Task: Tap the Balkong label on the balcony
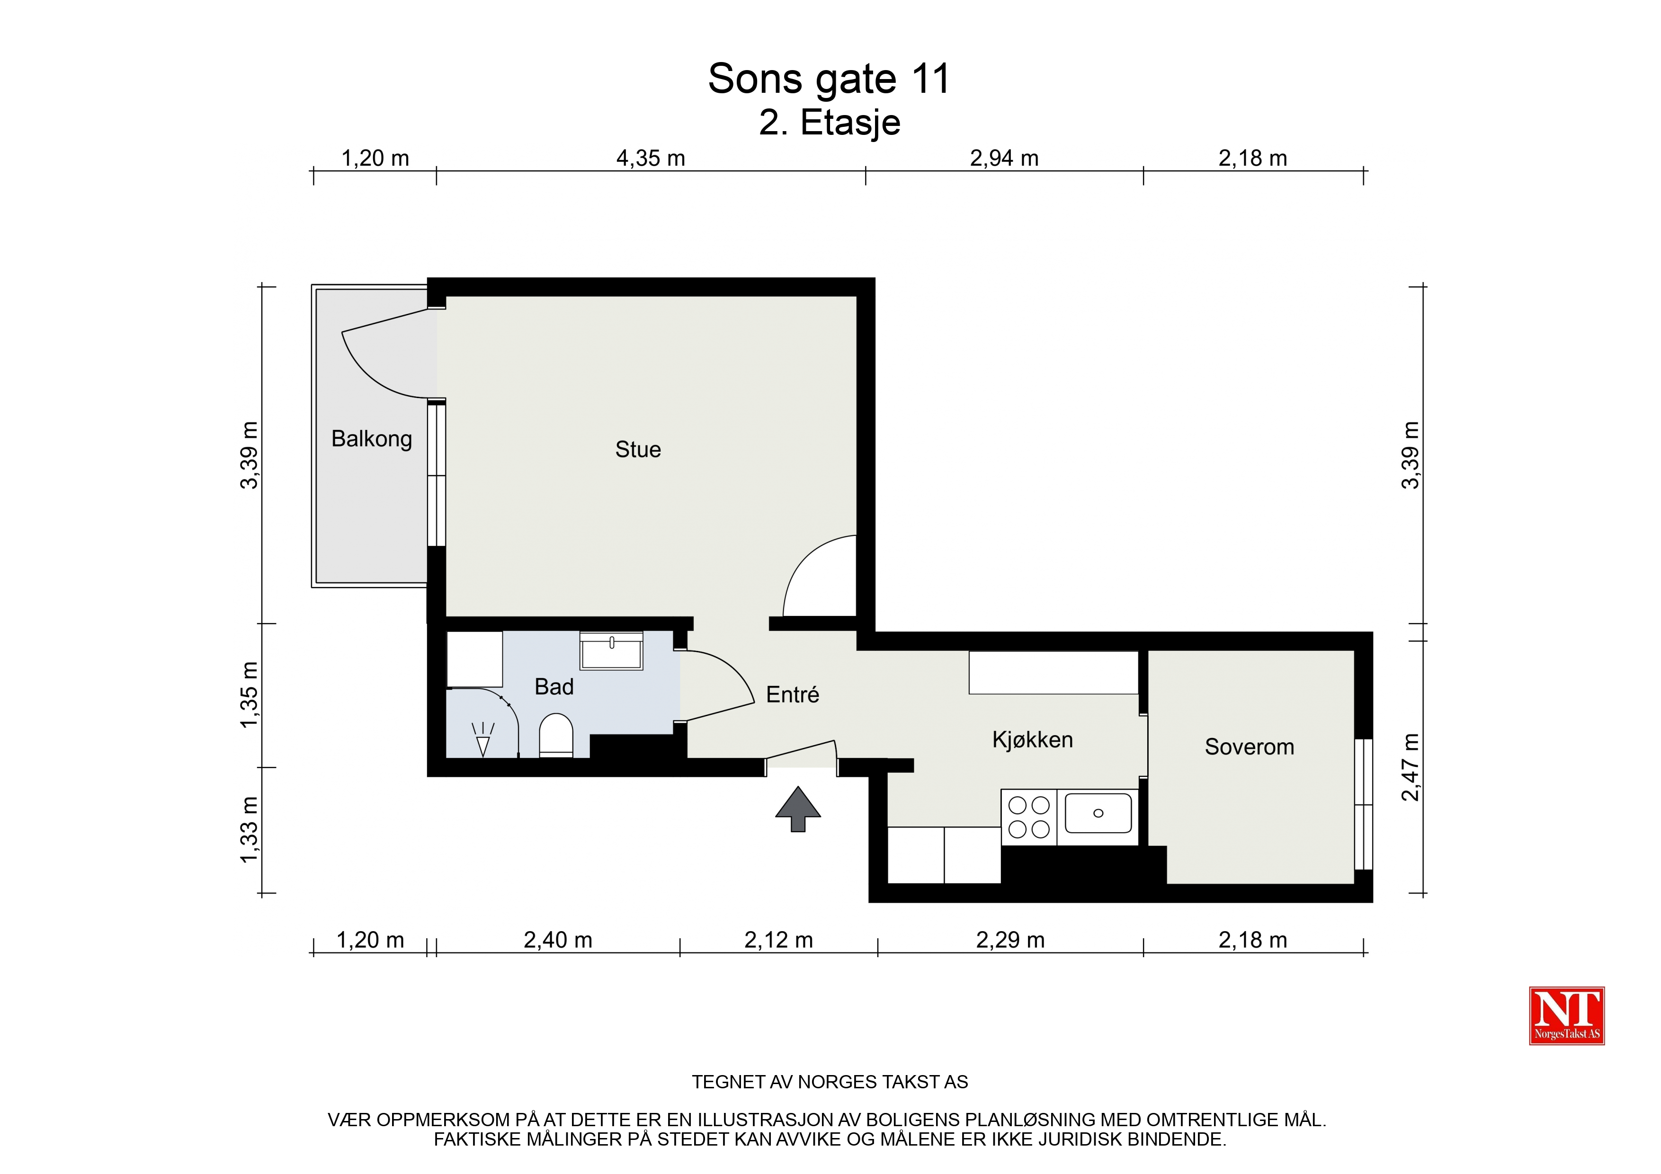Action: [x=372, y=439]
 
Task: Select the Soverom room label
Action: [x=1250, y=747]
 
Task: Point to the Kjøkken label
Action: [x=1032, y=739]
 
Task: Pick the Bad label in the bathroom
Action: [x=554, y=686]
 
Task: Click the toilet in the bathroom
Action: [x=556, y=736]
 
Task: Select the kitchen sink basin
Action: [x=1098, y=813]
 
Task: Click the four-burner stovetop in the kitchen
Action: [x=1029, y=818]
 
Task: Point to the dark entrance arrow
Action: [x=798, y=809]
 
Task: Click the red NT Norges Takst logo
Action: [x=1567, y=1015]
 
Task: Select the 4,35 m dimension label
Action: [x=651, y=158]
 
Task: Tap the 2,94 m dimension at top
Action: [x=1004, y=158]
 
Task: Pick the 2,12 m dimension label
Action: [x=778, y=940]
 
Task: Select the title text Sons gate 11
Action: [x=829, y=78]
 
